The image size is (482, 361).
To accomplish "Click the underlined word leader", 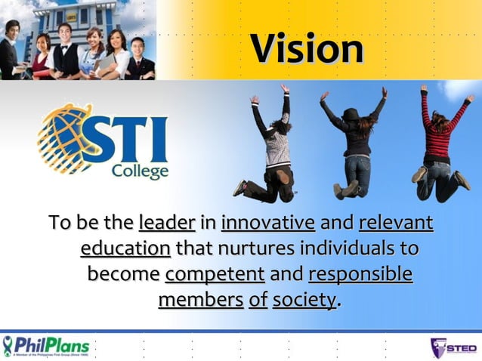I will click(167, 223).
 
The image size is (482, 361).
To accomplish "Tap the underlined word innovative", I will click(268, 223).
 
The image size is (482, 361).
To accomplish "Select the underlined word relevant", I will click(396, 223).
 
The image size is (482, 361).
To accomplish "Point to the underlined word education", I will click(125, 248).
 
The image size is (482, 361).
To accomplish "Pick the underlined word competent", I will click(215, 273).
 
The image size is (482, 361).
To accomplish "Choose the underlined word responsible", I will click(361, 273).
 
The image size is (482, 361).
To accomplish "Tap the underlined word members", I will click(200, 300).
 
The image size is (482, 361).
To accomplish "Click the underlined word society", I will click(304, 300).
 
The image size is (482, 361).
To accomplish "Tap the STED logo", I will click(453, 347).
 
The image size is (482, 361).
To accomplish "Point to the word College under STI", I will click(140, 171).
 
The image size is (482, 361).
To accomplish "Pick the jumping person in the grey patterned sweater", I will click(273, 147).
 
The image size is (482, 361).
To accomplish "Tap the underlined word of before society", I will click(258, 300).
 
